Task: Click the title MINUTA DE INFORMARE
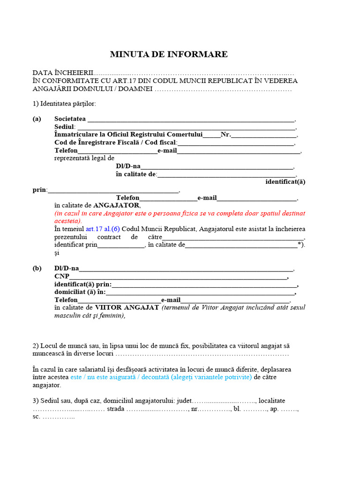coord(169,54)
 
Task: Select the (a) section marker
coord(37,119)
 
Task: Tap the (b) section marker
coord(37,269)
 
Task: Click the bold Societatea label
coord(70,119)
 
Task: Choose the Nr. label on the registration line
coord(225,135)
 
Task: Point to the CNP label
coord(61,277)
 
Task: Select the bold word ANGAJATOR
coord(116,205)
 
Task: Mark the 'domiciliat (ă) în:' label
coord(80,292)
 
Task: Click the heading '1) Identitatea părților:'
coord(64,104)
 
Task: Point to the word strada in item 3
coord(116,409)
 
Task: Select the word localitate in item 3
coord(272,401)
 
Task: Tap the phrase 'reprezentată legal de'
coord(84,158)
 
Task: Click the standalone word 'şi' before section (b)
coord(57,253)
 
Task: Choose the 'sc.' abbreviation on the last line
coord(37,417)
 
